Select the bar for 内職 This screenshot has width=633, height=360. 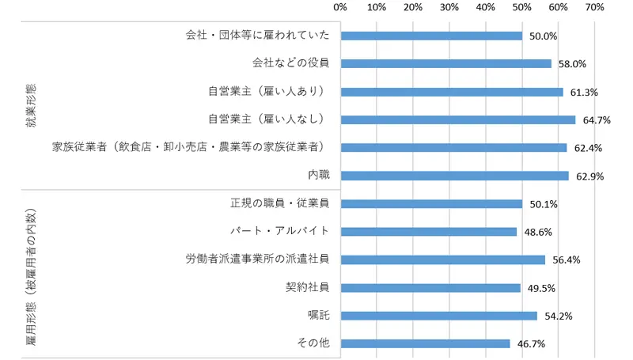coord(454,176)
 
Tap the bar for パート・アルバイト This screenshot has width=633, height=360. coord(428,232)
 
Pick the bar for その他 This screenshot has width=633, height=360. coord(425,343)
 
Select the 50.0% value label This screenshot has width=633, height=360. coord(543,36)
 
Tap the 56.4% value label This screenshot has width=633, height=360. coord(566,260)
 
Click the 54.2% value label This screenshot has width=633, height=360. coord(558,316)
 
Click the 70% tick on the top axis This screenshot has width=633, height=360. coord(594,8)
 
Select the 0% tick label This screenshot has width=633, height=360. coord(341,8)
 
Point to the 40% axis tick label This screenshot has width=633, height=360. coord(486,8)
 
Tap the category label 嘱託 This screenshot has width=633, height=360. coord(319,316)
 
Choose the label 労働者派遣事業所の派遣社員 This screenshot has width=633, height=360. coord(258,260)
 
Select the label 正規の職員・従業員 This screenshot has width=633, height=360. coord(280,203)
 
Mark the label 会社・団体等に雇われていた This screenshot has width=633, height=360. coord(258,36)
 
